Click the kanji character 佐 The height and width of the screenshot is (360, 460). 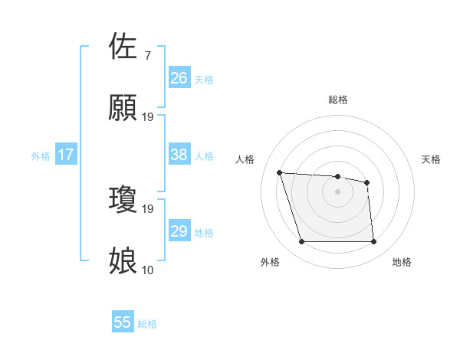(123, 47)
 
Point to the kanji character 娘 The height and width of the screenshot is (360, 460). (123, 261)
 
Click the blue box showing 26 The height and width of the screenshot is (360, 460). (179, 78)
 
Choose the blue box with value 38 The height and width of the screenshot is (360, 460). (179, 155)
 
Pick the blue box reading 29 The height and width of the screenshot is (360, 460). (179, 231)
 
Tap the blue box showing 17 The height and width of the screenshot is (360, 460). (65, 155)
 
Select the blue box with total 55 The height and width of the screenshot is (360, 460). (123, 322)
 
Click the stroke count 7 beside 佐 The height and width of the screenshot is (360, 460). (147, 55)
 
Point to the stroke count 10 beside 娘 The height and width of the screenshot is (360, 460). (147, 270)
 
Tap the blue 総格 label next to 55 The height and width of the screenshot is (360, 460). (147, 324)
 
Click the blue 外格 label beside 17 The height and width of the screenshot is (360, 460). (41, 156)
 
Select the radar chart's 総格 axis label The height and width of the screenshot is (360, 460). (337, 100)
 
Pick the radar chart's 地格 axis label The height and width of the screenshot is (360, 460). (402, 262)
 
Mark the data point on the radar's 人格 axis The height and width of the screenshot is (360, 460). (280, 173)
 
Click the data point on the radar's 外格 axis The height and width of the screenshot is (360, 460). (301, 242)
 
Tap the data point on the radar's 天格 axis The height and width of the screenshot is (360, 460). (367, 182)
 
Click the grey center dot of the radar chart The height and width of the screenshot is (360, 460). (337, 191)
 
